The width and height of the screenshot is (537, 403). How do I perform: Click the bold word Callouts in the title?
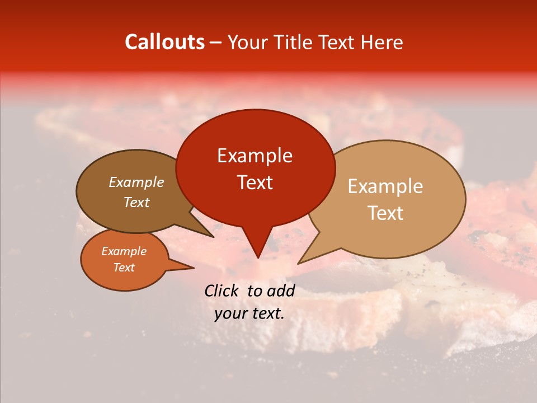click(x=164, y=42)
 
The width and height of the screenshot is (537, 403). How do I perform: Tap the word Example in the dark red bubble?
click(x=255, y=156)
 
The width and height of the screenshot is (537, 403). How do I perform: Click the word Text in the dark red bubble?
click(x=255, y=182)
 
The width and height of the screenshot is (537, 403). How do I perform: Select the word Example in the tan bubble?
click(x=385, y=186)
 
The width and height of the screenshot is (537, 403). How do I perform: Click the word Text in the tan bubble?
click(x=385, y=213)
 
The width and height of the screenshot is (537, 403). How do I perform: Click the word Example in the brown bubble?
click(x=136, y=182)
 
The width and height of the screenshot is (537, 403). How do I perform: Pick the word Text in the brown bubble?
click(x=136, y=203)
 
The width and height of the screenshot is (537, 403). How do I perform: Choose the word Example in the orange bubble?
click(x=124, y=251)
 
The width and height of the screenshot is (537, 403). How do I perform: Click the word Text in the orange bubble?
click(x=124, y=268)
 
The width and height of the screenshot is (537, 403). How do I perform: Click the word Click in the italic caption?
click(x=222, y=290)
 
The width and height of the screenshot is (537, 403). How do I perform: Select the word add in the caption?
click(x=281, y=290)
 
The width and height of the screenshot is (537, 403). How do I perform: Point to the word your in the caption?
click(x=229, y=313)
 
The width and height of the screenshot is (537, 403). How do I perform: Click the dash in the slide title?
click(x=216, y=43)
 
